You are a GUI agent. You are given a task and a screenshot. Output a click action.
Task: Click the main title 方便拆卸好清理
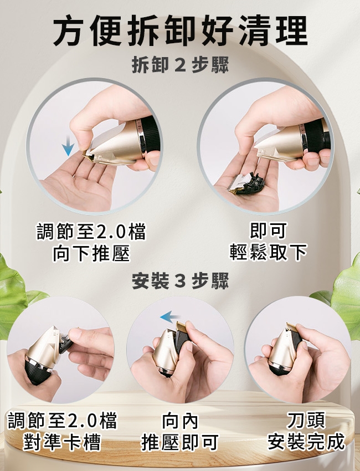tap(180, 30)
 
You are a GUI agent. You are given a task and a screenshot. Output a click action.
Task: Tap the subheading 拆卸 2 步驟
tap(180, 65)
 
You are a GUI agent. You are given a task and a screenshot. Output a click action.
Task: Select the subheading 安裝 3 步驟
tap(180, 281)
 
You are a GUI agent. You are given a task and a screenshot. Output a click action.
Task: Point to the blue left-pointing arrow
tap(169, 316)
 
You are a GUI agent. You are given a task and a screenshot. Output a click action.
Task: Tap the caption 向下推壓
tap(91, 254)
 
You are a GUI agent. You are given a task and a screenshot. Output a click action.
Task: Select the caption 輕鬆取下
tap(268, 252)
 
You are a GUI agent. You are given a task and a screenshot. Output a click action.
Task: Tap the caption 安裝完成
tap(306, 442)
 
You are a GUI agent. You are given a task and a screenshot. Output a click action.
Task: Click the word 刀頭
tap(306, 420)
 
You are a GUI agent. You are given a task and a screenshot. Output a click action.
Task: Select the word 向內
tap(180, 421)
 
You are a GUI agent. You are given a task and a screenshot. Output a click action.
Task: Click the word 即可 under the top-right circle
tap(268, 231)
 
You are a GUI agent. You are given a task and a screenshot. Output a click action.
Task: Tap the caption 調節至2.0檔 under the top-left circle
tap(91, 232)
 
